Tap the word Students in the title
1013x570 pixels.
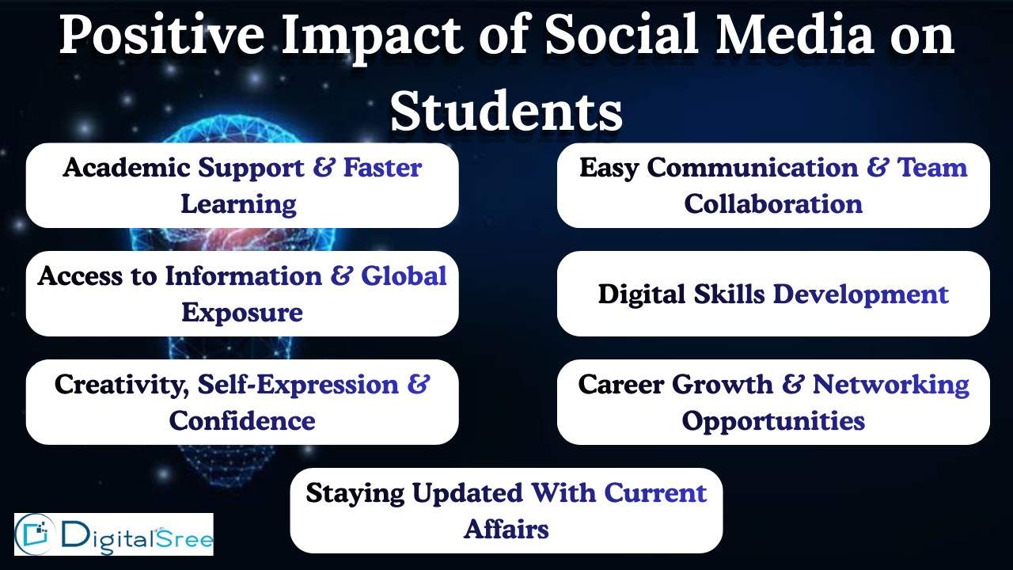click(506, 111)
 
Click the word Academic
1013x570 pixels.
click(127, 168)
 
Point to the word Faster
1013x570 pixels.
click(382, 168)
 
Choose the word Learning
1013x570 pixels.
click(238, 204)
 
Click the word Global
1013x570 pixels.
click(404, 276)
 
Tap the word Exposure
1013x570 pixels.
click(242, 313)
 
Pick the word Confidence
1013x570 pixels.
click(242, 421)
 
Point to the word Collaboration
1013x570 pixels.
click(773, 204)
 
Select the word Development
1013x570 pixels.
click(860, 294)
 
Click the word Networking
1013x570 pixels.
click(891, 385)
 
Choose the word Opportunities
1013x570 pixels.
click(773, 421)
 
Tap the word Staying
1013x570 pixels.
click(355, 493)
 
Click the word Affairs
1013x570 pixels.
click(506, 529)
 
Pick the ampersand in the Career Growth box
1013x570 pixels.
click(792, 385)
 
